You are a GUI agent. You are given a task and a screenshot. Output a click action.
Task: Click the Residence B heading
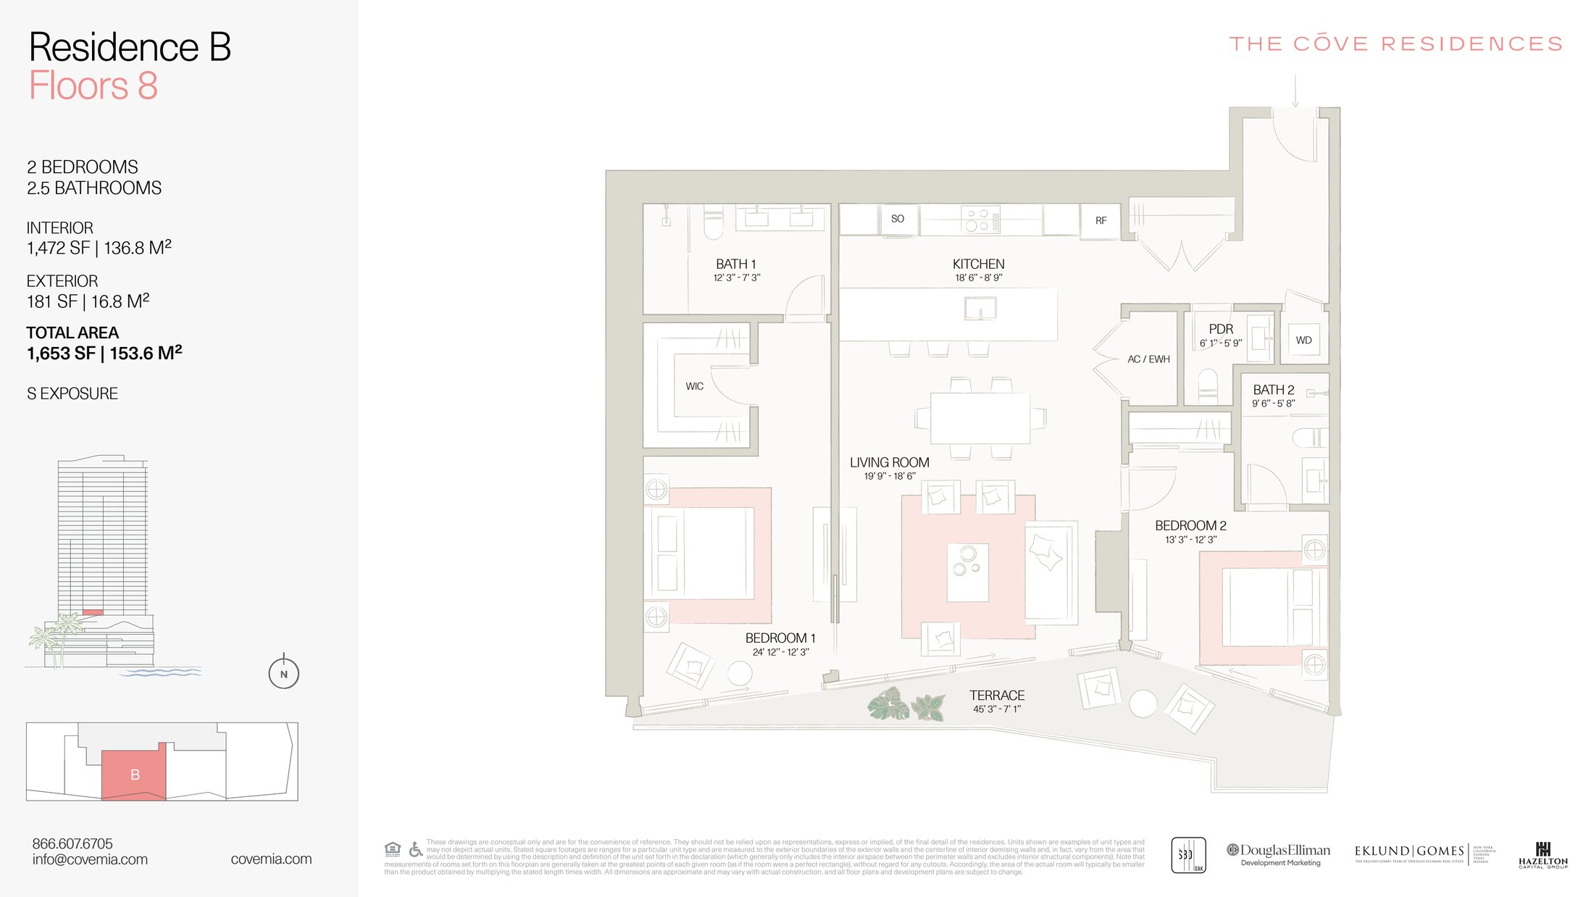tap(130, 48)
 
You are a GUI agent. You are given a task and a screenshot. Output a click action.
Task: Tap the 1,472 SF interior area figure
tap(58, 249)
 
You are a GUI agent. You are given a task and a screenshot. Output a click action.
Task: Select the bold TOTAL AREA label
tap(72, 333)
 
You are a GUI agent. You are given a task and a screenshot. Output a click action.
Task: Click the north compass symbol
tap(283, 673)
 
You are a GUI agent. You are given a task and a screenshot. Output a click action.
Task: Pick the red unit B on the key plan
tap(134, 774)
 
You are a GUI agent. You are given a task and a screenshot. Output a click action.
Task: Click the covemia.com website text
tap(271, 859)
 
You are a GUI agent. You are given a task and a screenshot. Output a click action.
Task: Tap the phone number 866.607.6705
tap(72, 843)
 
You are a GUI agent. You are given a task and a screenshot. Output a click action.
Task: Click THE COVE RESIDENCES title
tap(1395, 44)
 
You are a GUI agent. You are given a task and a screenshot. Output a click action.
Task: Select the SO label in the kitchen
tap(897, 219)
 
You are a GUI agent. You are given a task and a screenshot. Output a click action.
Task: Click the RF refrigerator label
tap(1101, 221)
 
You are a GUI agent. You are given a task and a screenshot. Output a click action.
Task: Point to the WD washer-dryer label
tap(1303, 341)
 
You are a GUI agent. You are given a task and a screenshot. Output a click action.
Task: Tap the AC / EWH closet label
tap(1148, 359)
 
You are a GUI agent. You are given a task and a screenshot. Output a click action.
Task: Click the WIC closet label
tap(694, 386)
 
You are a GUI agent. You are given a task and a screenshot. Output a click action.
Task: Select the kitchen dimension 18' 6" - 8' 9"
tap(978, 278)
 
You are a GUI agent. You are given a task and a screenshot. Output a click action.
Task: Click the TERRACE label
tap(997, 695)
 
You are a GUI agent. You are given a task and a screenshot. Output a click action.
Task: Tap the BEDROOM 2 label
tap(1190, 525)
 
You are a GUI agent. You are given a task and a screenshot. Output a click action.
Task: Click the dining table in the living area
tap(980, 418)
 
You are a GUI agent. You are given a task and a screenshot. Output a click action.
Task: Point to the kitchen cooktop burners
tap(977, 220)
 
